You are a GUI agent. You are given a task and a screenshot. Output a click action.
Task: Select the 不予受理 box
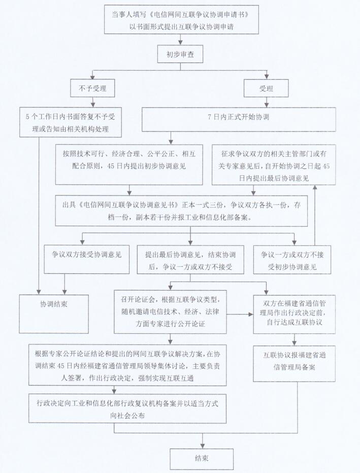point(92,89)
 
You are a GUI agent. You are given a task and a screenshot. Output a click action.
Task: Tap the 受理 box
point(266,89)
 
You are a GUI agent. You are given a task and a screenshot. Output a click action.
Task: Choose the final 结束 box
point(202,458)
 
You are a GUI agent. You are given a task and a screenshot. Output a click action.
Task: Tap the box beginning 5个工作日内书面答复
point(71,122)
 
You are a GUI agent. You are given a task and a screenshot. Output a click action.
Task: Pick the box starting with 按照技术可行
point(129,164)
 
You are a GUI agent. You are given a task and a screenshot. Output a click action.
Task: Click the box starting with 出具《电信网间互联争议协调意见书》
point(181,210)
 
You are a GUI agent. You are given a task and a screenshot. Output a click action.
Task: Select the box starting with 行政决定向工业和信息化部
point(127,408)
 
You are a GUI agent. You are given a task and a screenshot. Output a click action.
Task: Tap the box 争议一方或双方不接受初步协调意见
point(292,260)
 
